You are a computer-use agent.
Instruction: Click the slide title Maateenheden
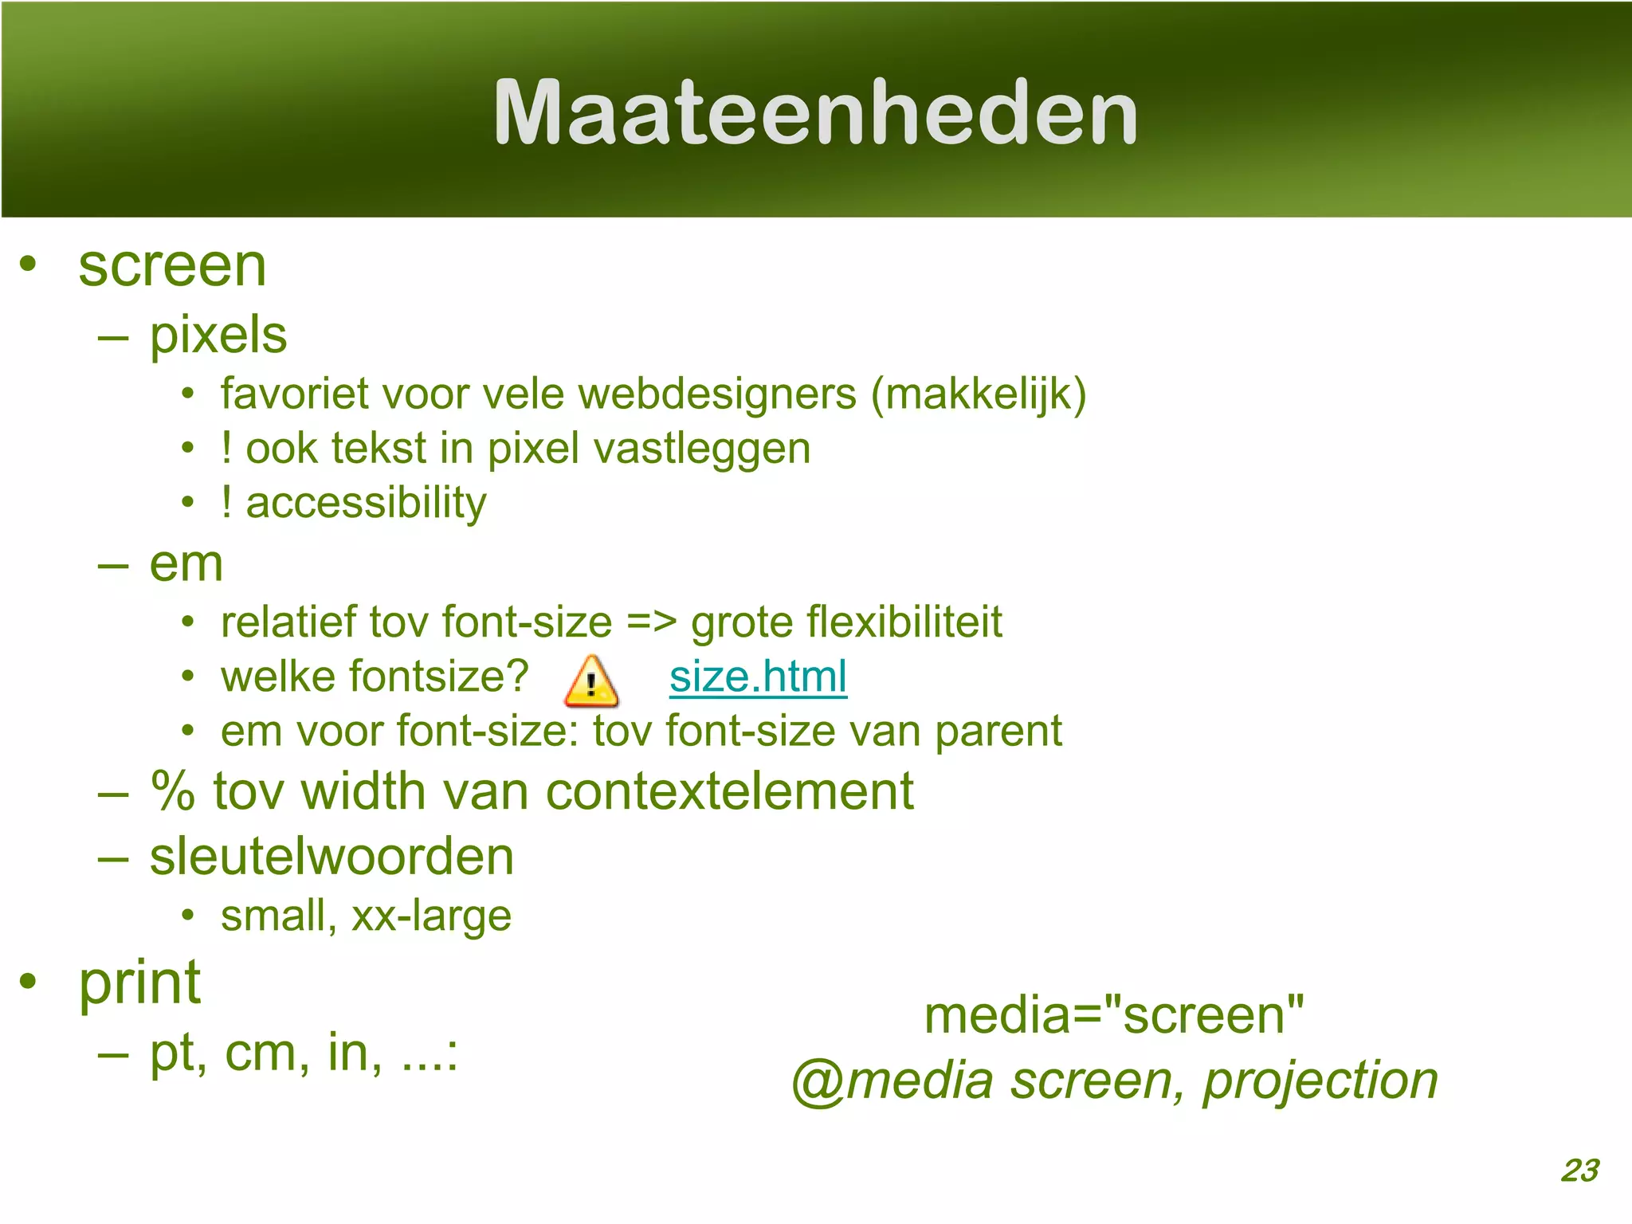(815, 113)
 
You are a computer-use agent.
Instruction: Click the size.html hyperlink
(758, 677)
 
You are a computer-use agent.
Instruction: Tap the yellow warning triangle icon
(590, 682)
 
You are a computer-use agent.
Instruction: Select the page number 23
(1579, 1171)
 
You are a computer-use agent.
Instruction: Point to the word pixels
(218, 335)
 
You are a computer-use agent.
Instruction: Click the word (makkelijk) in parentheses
(979, 394)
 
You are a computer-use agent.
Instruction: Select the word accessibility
(366, 503)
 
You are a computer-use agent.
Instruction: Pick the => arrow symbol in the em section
(651, 622)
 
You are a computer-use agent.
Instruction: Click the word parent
(998, 732)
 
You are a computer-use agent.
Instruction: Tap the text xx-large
(431, 916)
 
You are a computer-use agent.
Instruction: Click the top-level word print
(140, 983)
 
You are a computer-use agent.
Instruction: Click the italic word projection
(1320, 1081)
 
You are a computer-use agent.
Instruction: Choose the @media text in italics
(891, 1081)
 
